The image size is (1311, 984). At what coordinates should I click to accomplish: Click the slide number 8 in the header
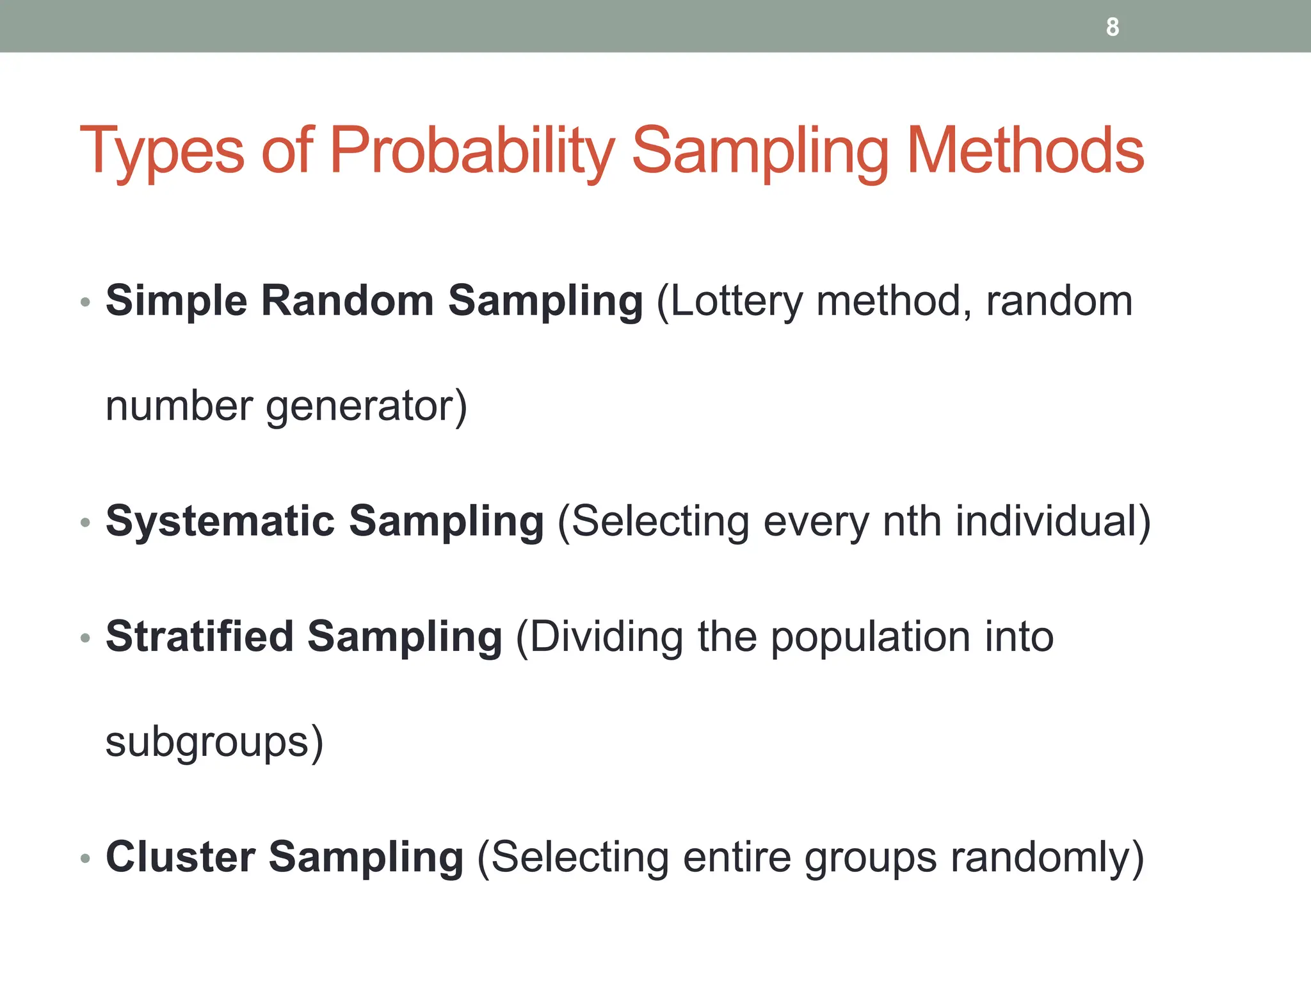click(x=1113, y=27)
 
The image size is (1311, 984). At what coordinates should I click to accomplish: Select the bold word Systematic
click(x=220, y=521)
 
